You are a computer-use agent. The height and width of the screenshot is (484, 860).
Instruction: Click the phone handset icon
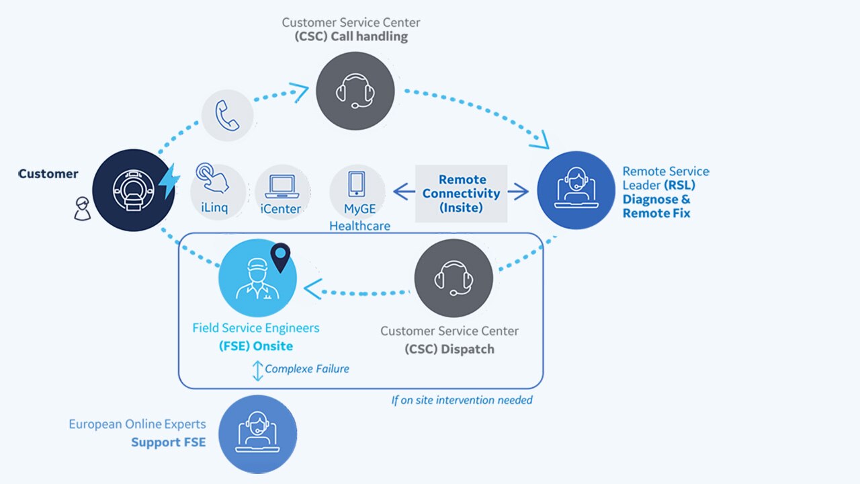[228, 115]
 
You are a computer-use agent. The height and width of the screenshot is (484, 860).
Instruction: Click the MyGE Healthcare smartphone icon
[357, 185]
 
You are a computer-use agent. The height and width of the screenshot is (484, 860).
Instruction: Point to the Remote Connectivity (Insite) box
[461, 193]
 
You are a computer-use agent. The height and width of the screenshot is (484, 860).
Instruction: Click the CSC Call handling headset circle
[355, 91]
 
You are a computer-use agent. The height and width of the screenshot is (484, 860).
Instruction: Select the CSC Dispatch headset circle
[454, 278]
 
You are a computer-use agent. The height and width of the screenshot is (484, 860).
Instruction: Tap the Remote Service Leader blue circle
[576, 190]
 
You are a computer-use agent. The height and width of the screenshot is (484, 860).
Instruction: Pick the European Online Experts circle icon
[257, 434]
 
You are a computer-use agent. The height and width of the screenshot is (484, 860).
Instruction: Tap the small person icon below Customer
[81, 209]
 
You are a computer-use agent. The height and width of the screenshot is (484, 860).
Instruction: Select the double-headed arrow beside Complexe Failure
[257, 370]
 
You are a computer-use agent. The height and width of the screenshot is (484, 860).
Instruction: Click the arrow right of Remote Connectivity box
[518, 193]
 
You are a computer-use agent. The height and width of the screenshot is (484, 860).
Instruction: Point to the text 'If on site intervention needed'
[462, 401]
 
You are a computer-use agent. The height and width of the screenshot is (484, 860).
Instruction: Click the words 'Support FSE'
[168, 442]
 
